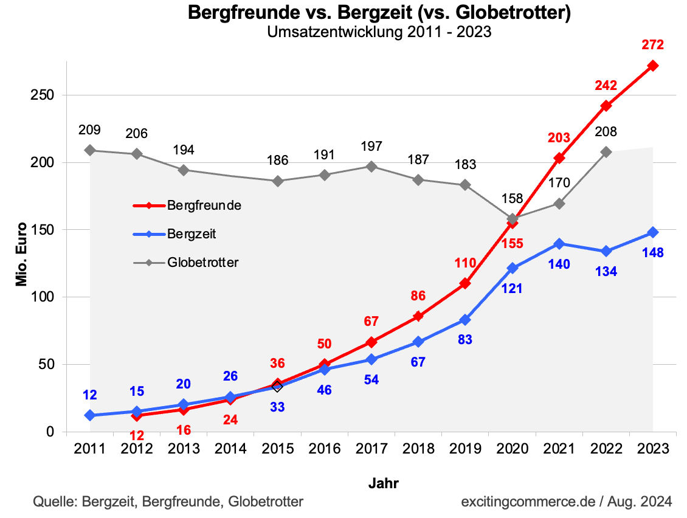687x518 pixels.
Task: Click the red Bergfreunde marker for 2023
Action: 652,66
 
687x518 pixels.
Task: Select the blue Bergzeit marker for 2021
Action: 559,244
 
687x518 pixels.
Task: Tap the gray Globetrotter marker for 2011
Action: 90,150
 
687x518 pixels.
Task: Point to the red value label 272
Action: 652,44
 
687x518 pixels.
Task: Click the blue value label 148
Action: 652,252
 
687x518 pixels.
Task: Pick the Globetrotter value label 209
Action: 90,129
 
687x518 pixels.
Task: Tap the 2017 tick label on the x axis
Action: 371,449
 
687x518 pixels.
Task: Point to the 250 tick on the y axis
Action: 44,95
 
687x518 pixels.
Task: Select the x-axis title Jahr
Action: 384,484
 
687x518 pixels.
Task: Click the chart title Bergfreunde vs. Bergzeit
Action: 379,13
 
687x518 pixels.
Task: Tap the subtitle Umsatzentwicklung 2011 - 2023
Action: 379,32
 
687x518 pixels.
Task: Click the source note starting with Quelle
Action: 168,502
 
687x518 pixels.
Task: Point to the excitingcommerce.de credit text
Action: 566,502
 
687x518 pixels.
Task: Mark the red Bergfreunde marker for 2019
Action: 465,283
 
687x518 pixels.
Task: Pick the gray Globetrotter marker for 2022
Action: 606,152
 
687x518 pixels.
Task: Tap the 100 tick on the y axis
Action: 44,297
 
